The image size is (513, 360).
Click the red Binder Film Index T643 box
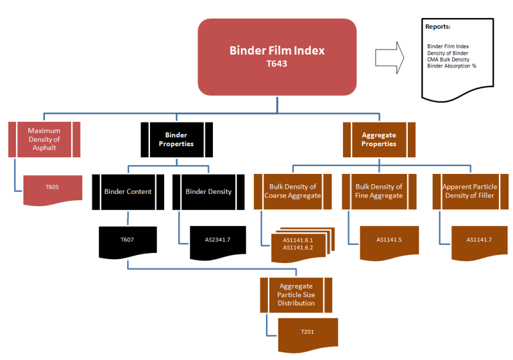[x=277, y=56]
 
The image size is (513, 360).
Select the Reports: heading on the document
[x=437, y=27]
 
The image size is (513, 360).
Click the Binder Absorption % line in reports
[x=451, y=65]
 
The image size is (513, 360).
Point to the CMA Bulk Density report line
[x=448, y=59]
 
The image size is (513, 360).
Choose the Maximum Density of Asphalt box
[x=44, y=139]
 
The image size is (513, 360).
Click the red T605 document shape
[x=53, y=187]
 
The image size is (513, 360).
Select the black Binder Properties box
[x=176, y=139]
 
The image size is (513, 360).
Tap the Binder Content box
[x=128, y=191]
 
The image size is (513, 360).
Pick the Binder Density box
[x=208, y=191]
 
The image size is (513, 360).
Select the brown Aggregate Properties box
[x=378, y=139]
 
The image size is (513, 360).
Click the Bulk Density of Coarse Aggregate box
[x=295, y=191]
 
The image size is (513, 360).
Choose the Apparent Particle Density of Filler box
[x=469, y=191]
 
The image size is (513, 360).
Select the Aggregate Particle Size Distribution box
[x=296, y=294]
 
